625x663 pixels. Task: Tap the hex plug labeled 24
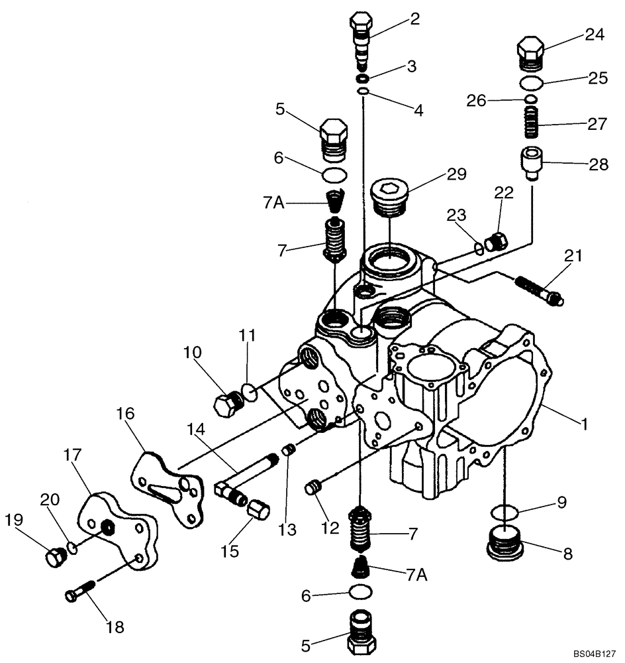(529, 53)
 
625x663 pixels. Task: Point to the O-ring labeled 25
(530, 84)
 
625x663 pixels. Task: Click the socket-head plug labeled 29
(389, 197)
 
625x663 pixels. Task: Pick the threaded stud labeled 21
(539, 289)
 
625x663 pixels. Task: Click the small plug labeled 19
(54, 558)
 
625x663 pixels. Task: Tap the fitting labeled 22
(495, 243)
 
